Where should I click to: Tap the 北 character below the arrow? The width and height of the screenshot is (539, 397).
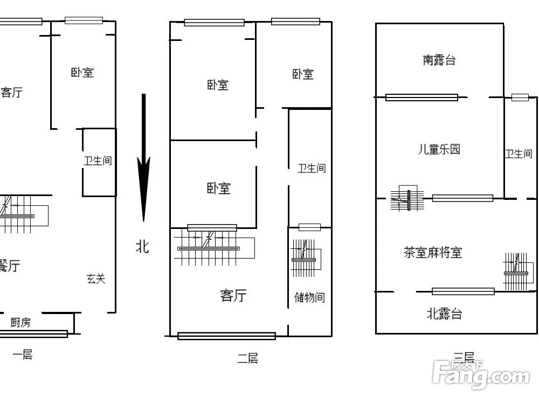142,247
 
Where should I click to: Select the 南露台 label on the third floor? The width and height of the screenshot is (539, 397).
439,60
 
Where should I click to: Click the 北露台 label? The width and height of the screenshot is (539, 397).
444,314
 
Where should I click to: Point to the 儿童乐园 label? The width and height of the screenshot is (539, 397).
439,149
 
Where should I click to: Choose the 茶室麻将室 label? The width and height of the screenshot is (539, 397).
433,252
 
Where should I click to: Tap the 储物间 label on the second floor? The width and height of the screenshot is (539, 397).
309,297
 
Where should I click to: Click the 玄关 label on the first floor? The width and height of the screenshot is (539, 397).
96,278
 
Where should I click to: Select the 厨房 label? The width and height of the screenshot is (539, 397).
20,322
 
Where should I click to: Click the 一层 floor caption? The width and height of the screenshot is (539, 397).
23,354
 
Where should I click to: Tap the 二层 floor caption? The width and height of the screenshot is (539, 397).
247,358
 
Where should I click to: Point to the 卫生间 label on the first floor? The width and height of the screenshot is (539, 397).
98,161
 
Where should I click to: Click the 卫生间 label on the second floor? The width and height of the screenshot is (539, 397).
312,169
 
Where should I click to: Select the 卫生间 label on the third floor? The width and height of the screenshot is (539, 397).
519,154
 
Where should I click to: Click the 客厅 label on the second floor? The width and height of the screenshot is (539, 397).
233,295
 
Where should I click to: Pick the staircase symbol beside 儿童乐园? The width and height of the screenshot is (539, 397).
408,199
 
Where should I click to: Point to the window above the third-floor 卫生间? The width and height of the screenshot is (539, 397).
520,97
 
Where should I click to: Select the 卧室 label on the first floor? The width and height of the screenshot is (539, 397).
82,72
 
